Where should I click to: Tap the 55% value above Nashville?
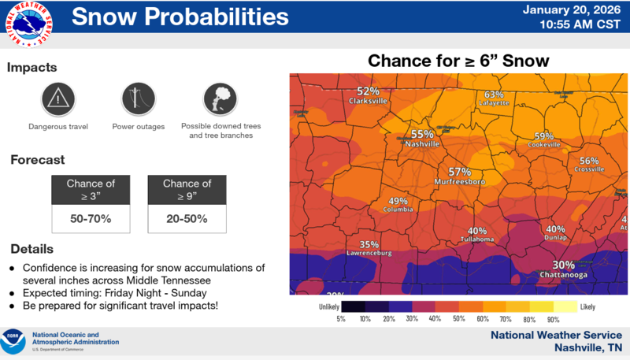[422, 134]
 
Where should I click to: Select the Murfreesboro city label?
[460, 182]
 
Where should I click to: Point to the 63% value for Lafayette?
[493, 95]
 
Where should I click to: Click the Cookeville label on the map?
[545, 146]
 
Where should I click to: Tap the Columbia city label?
[398, 210]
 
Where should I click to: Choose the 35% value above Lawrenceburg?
[369, 244]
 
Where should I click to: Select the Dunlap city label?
[555, 239]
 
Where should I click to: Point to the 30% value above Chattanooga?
[563, 265]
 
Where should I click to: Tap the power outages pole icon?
[139, 98]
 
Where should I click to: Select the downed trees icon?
[220, 98]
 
